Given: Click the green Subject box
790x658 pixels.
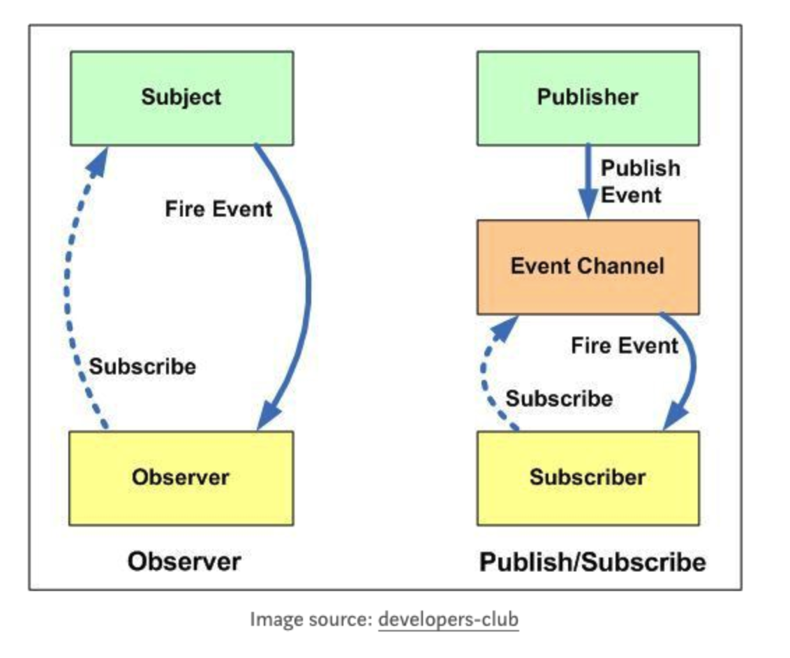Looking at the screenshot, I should click(181, 98).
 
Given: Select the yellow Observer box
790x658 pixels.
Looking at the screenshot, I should click(181, 478).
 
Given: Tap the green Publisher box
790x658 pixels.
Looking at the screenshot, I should click(588, 98).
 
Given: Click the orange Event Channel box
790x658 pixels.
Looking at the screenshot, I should click(588, 267).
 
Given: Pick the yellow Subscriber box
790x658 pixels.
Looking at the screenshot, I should click(588, 478).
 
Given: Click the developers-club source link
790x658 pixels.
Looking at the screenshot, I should click(449, 619).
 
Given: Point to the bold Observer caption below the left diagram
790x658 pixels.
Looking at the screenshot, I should click(184, 562).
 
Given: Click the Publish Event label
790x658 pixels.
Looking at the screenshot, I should click(640, 181).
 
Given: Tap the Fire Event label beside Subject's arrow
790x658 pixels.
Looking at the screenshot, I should click(218, 208).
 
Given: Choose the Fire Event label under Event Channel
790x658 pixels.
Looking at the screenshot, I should click(625, 345).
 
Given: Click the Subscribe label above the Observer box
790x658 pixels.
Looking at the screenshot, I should click(142, 367).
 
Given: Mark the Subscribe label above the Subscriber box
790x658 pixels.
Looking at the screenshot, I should click(559, 399).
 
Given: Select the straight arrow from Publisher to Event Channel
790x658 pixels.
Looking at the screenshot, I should click(588, 182).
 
